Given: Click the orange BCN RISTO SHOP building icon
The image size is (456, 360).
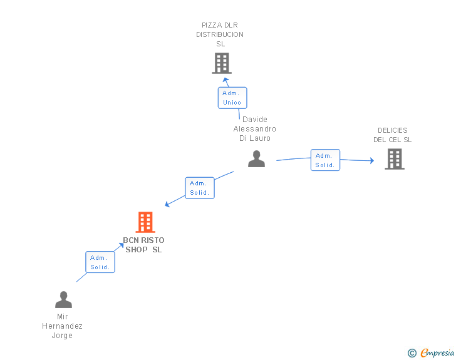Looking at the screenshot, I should coord(145,222).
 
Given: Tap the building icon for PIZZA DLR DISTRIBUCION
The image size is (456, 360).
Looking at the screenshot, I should coord(221,63).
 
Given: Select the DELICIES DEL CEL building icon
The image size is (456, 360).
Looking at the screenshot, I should coord(394,159).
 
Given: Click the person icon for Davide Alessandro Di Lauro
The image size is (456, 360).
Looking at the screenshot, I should coord(256,159).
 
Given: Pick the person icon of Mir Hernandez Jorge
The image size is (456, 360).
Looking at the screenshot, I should coord(63,300).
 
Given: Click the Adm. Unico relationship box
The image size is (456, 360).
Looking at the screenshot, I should coord(232,98).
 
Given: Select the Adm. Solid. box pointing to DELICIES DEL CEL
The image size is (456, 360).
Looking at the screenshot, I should coord(325,160).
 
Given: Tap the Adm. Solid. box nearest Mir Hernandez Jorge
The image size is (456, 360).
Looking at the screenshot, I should coord(100,262).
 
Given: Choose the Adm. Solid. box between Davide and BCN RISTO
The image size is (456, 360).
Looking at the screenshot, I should coord(200,188).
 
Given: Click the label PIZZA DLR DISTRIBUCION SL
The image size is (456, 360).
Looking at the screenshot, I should coord(220,34).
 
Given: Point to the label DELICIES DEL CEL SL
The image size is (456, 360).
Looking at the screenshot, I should coord(393,135).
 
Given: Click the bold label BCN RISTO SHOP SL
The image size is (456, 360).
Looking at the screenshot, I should coord(143,245).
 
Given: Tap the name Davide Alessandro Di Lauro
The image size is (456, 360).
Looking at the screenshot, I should coord(255,129).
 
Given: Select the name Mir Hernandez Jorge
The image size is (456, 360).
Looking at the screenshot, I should coord(62,326).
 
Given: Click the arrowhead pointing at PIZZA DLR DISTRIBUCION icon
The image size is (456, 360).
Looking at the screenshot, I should coord(225,81).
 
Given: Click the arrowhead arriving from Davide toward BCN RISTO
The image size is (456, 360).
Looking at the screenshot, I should coord(167,204).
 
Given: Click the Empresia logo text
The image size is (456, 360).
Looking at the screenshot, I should coord(437,352).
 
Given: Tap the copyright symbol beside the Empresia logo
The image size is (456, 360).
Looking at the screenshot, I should coord(412,353).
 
